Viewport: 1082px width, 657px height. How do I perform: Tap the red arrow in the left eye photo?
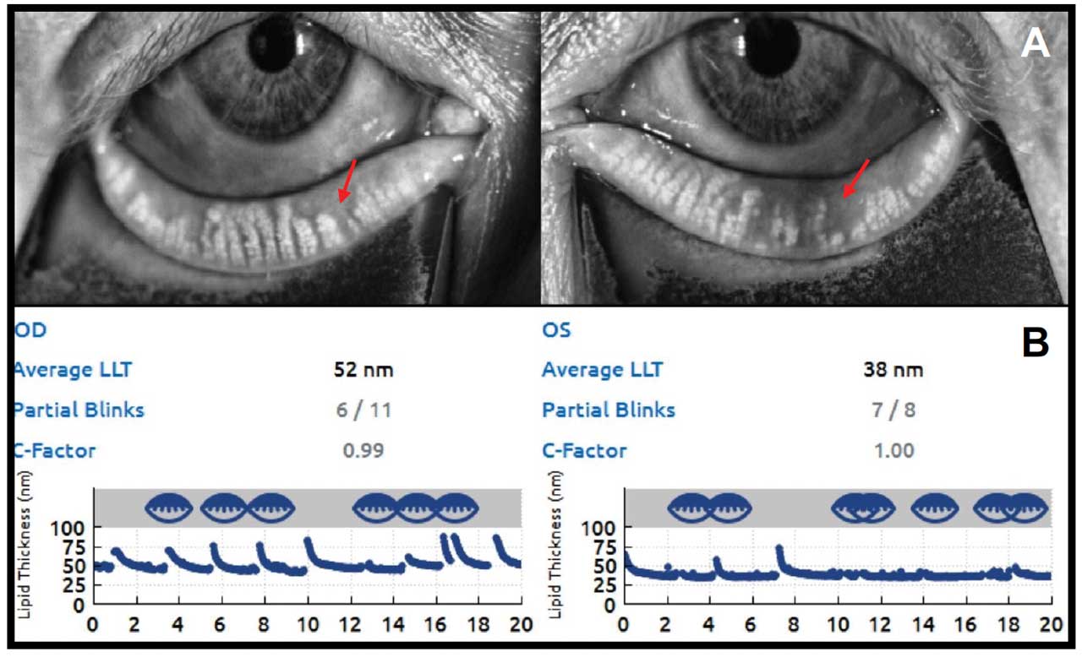pyautogui.click(x=347, y=181)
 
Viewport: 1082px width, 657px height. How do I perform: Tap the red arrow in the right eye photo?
pyautogui.click(x=855, y=179)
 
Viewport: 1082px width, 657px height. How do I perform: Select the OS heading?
pyautogui.click(x=555, y=329)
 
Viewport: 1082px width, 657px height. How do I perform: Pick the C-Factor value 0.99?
pyautogui.click(x=363, y=450)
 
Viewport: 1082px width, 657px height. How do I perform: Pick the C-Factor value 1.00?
pyautogui.click(x=893, y=450)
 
